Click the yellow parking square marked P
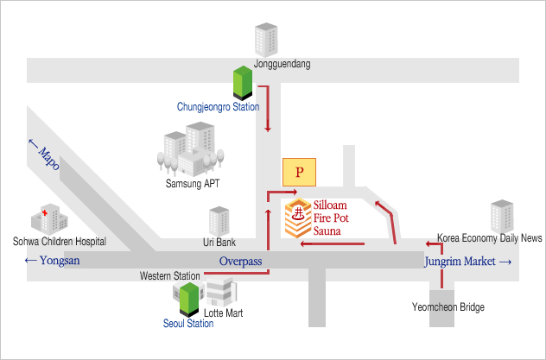coord(299,172)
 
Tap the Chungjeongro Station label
coord(218,107)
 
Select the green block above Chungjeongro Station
coord(243,83)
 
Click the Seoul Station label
coord(188,324)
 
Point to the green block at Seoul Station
coord(189,300)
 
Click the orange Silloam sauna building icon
coord(298,218)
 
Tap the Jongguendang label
coord(282,64)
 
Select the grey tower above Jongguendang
coord(266,40)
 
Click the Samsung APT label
coord(193,183)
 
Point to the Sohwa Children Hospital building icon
coord(49,219)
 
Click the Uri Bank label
coord(219,242)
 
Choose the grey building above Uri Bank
coord(219,222)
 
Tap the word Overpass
coord(241,262)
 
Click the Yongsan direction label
coord(52,260)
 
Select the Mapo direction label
coord(44,154)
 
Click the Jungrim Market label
coord(468,262)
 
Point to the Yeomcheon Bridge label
coord(448,307)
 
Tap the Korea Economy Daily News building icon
coord(502,217)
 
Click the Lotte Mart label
coord(223,313)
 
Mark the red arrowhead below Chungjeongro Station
coord(268,129)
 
